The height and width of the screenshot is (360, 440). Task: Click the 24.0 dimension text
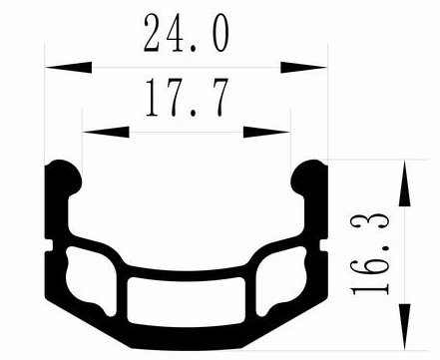pyautogui.click(x=187, y=33)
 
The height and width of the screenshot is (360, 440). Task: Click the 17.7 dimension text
pyautogui.click(x=187, y=97)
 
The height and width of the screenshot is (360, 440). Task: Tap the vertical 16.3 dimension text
pyautogui.click(x=370, y=255)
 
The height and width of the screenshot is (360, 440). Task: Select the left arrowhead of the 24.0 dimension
pyautogui.click(x=69, y=67)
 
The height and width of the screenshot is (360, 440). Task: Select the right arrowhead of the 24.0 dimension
pyautogui.click(x=303, y=67)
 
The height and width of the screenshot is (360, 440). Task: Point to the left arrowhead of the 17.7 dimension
pyautogui.click(x=106, y=132)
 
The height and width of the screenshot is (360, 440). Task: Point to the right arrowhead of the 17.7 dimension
pyautogui.click(x=266, y=132)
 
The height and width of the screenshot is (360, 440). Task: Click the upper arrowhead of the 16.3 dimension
pyautogui.click(x=404, y=183)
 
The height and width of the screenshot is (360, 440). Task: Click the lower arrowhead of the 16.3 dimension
pyautogui.click(x=404, y=327)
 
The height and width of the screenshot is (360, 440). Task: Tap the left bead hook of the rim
pyautogui.click(x=63, y=178)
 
